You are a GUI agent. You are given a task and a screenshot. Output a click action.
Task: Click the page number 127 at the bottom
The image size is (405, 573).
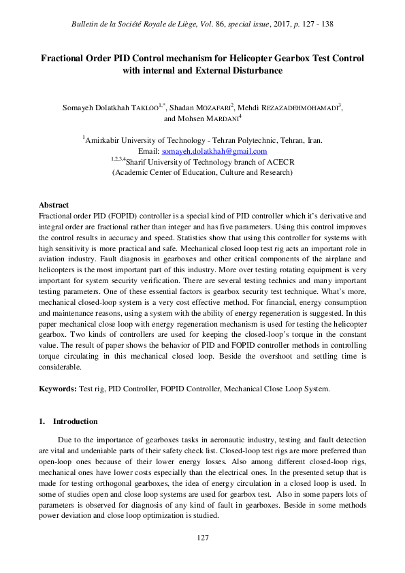click(202, 538)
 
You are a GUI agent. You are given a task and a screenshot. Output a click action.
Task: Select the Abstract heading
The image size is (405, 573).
click(54, 204)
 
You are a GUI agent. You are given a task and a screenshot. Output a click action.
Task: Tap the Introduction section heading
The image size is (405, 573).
click(75, 421)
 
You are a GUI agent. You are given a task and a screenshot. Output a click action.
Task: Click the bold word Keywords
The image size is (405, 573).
click(57, 389)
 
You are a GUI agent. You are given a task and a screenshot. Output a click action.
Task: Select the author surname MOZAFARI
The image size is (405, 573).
click(210, 107)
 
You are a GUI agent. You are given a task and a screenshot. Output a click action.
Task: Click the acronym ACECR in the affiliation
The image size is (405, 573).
click(279, 162)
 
